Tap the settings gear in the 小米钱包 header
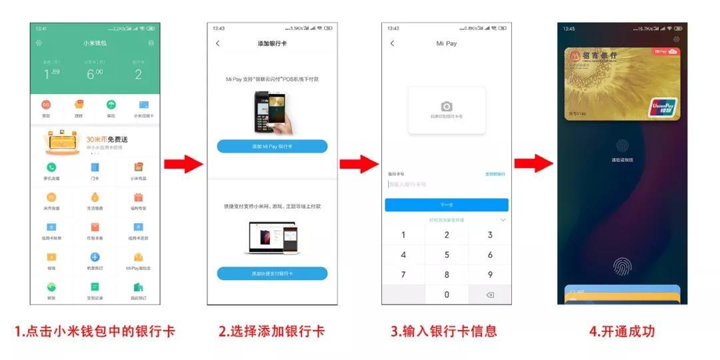tap(39, 43)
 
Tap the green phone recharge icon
tap(51, 167)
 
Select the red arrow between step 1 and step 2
tap(183, 164)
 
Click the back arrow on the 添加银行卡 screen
tap(217, 43)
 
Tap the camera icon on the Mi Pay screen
tap(447, 107)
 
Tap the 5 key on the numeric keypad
tap(447, 255)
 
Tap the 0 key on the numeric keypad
tap(447, 294)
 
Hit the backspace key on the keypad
tap(490, 295)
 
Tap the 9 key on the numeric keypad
tap(490, 274)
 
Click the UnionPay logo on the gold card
tap(663, 108)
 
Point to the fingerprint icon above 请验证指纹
tap(622, 145)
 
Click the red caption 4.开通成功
tap(621, 331)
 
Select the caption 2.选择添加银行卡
tap(272, 331)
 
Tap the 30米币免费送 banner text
tap(107, 139)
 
